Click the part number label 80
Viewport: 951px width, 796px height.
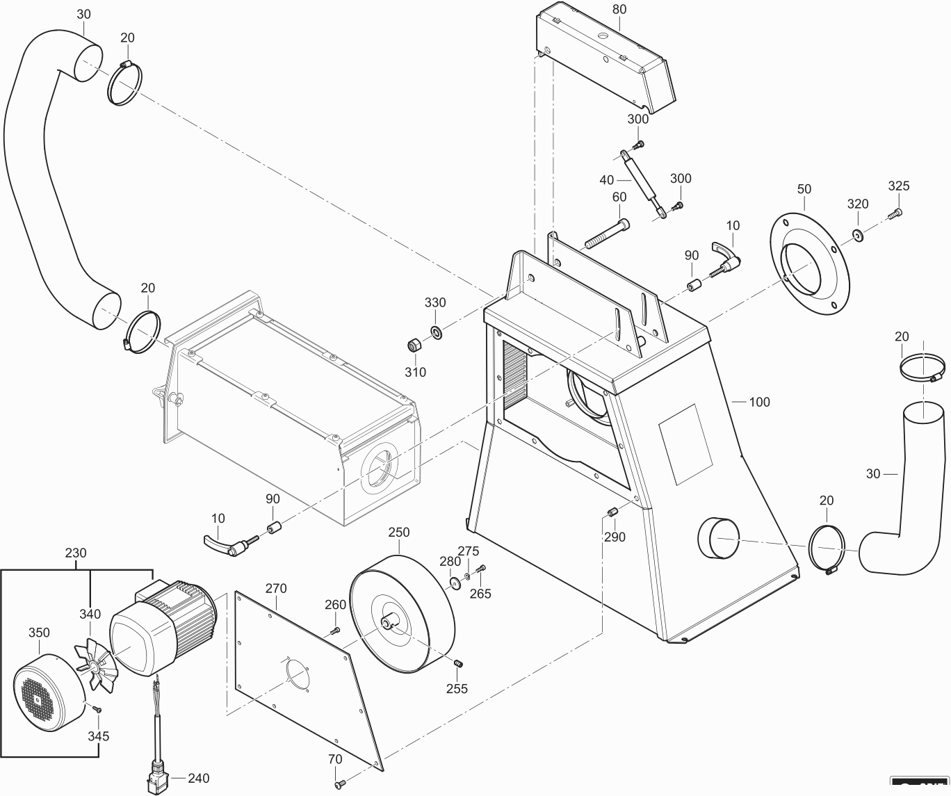[619, 10]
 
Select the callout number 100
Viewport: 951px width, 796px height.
[760, 402]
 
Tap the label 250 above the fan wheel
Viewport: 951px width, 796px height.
[398, 533]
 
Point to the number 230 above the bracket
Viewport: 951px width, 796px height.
[76, 553]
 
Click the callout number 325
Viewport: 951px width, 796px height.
[898, 186]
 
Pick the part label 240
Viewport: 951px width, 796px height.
[198, 779]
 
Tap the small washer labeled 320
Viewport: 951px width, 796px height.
[859, 236]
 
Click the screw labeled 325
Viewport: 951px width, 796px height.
[896, 214]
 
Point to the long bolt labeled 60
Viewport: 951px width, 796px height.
[609, 234]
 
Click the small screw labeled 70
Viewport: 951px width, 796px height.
[339, 785]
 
